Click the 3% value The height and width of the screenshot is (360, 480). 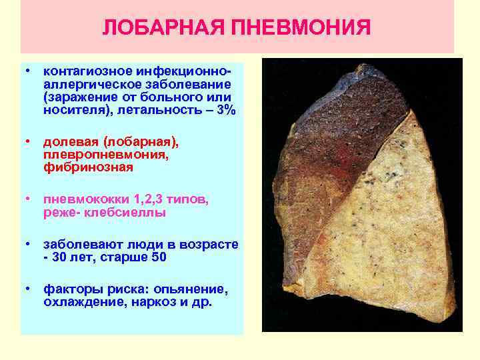225,110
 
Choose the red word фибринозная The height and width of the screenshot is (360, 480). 88,167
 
